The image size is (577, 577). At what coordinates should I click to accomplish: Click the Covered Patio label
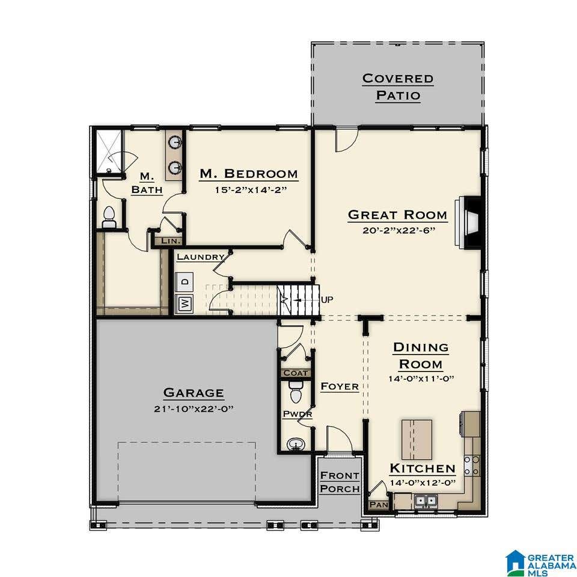tap(398, 87)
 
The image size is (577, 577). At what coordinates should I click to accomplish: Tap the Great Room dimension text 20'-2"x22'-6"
tap(399, 230)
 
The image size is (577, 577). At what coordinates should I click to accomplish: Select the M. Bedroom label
tap(249, 174)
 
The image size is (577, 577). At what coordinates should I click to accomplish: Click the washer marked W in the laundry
tap(185, 304)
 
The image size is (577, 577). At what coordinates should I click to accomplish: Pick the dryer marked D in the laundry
tap(185, 281)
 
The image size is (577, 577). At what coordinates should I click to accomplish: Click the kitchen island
tap(417, 439)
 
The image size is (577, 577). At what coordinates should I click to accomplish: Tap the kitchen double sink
tap(426, 501)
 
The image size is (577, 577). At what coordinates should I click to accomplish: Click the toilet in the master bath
tap(109, 218)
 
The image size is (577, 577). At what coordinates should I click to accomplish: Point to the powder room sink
tap(296, 444)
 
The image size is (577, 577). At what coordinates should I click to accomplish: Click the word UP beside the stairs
tap(327, 299)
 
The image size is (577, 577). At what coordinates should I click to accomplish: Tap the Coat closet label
tap(296, 373)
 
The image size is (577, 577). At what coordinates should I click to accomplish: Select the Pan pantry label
tap(379, 505)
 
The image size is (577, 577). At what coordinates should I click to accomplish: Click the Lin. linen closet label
tap(171, 242)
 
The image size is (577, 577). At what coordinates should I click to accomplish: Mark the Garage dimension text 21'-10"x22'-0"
tap(194, 409)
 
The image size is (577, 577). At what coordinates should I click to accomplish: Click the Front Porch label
tap(340, 482)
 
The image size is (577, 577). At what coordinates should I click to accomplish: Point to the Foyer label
tap(340, 386)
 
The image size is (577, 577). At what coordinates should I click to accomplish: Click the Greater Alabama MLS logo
tap(541, 563)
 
